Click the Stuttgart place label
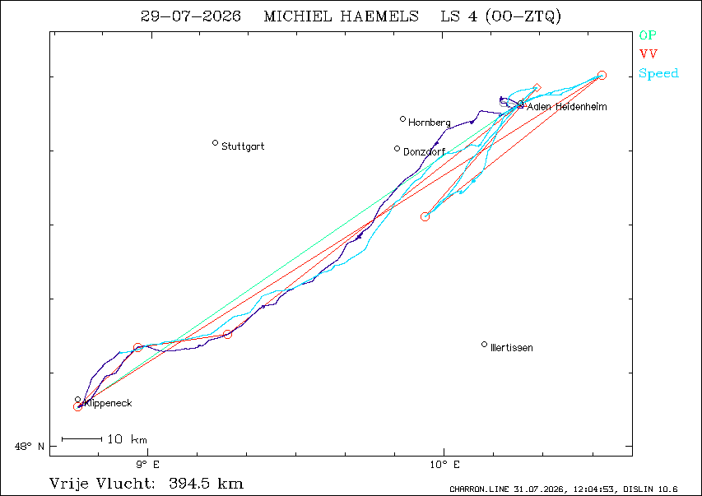pos(243,146)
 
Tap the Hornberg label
pos(430,123)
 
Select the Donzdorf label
pos(424,151)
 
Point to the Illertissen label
pos(512,348)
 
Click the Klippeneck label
pos(108,403)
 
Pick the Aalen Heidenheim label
pos(567,107)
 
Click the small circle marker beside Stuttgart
pos(216,143)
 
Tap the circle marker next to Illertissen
pos(485,345)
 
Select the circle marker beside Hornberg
pos(403,119)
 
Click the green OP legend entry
pos(648,35)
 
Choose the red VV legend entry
pos(649,54)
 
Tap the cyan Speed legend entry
pos(658,73)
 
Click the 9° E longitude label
pos(148,465)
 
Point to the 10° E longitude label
pos(444,465)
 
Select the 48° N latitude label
pos(30,447)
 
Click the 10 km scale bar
pos(82,439)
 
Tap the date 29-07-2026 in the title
pos(191,16)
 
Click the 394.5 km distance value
pos(207,484)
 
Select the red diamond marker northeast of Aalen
pos(537,88)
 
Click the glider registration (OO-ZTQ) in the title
pos(523,16)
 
